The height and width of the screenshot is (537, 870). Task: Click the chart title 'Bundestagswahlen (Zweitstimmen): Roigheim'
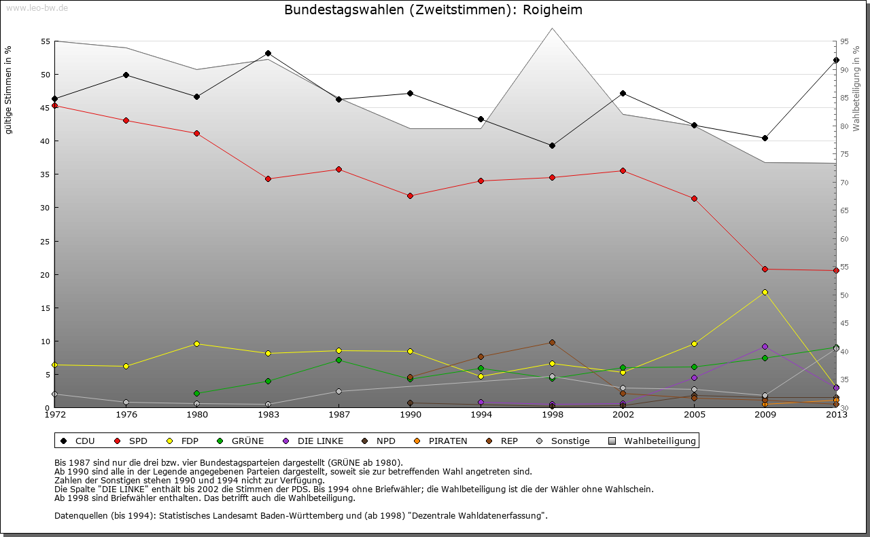point(433,10)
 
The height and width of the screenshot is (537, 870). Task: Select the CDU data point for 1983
point(268,53)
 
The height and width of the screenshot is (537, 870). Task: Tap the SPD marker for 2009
point(765,269)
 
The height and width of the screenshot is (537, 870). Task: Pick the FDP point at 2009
point(765,292)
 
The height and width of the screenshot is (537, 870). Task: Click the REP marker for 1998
point(552,342)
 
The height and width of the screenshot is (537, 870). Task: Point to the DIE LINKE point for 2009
point(765,346)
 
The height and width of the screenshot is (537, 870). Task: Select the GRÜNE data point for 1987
point(338,360)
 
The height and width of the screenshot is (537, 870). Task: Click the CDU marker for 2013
point(835,60)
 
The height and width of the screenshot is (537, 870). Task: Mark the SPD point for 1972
point(55,105)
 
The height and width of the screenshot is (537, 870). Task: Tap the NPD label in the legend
point(385,441)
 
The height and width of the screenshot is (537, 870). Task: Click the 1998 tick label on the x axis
point(552,414)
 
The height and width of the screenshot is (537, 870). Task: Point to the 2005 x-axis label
point(694,414)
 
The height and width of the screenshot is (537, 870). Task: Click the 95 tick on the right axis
point(843,41)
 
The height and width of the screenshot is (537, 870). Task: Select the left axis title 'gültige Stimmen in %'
point(9,90)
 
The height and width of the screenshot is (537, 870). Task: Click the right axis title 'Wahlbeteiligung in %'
point(856,89)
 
